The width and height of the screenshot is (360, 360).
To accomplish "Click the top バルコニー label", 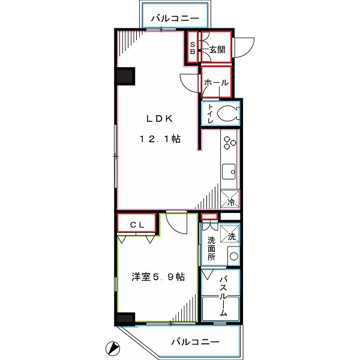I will [x=175, y=19].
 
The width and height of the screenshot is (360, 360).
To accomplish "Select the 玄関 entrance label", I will [x=217, y=50].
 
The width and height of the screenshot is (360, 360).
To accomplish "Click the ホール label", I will [x=216, y=82].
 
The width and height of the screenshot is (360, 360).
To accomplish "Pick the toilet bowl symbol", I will [x=227, y=113].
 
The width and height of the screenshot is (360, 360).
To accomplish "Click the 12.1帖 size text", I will [x=160, y=139].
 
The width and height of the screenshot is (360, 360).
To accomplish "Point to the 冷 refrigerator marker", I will [x=230, y=199].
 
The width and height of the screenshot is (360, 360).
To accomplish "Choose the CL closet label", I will [x=138, y=224].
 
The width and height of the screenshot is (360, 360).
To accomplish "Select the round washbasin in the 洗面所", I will [x=233, y=257].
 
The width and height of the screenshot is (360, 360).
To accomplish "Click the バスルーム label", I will [x=223, y=296].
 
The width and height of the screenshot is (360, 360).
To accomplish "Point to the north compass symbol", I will [x=111, y=347].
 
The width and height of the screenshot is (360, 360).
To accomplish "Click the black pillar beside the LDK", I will [x=125, y=76].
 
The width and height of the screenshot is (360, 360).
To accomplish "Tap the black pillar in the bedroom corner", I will [x=125, y=319].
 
